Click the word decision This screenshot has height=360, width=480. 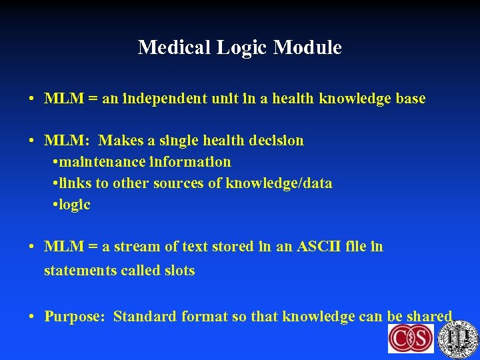(275, 141)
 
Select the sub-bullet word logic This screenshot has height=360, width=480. (75, 205)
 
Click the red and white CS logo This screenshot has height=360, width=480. (411, 339)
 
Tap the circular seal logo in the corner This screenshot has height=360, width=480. (459, 339)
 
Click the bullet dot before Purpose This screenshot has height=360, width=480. (31, 317)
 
